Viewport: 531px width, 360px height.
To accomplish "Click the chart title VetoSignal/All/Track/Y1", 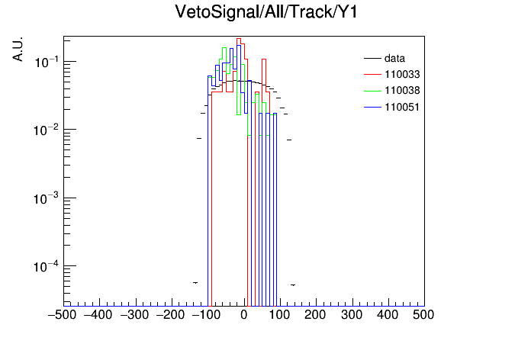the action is click(266, 12).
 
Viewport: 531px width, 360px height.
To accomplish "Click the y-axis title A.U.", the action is click(18, 49).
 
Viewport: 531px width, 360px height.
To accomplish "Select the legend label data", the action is click(394, 58).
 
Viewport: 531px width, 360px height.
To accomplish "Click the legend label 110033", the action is click(402, 74).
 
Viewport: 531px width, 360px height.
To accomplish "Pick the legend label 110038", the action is click(402, 91).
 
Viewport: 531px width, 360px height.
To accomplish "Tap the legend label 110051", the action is click(402, 107).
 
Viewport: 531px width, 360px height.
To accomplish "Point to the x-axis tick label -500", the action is click(62, 315).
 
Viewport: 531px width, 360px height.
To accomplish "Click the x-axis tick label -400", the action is click(98, 315).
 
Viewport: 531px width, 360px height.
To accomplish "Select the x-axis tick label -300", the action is click(134, 315).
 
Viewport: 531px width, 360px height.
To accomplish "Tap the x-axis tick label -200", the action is click(170, 315).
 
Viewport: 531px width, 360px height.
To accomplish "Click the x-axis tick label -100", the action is click(206, 315).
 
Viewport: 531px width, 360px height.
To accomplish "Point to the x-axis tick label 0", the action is click(244, 315).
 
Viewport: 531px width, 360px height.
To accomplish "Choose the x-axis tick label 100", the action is click(279, 315).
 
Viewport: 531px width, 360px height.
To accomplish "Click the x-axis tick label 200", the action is click(315, 315).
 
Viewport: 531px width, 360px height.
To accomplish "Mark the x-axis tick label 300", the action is click(352, 315).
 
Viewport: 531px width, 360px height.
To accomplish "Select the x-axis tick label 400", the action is click(388, 315).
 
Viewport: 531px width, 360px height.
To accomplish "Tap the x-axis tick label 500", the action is click(423, 315).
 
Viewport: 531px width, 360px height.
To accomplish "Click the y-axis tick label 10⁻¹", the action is click(46, 63).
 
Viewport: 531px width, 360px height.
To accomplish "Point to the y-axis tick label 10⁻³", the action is click(46, 198).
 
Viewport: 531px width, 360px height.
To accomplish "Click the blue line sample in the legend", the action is click(372, 108).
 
